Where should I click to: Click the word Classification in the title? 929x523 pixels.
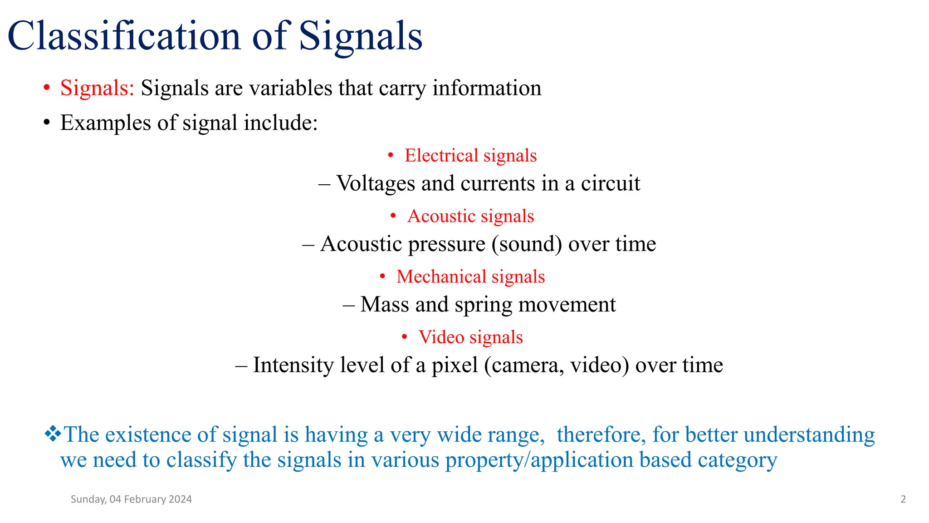point(123,36)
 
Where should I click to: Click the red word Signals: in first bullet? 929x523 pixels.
point(97,88)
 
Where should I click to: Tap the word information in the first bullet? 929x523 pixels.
point(487,88)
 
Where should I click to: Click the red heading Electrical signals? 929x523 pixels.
point(470,156)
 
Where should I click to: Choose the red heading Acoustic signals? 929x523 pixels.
point(470,216)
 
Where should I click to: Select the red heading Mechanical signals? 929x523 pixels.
point(470,277)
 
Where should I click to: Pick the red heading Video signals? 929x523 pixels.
point(470,337)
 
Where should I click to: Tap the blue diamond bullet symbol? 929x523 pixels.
point(53,434)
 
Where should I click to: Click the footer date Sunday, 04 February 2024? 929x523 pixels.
point(131,499)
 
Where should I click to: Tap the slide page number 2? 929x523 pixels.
point(903,499)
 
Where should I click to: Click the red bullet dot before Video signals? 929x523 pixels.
point(404,337)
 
